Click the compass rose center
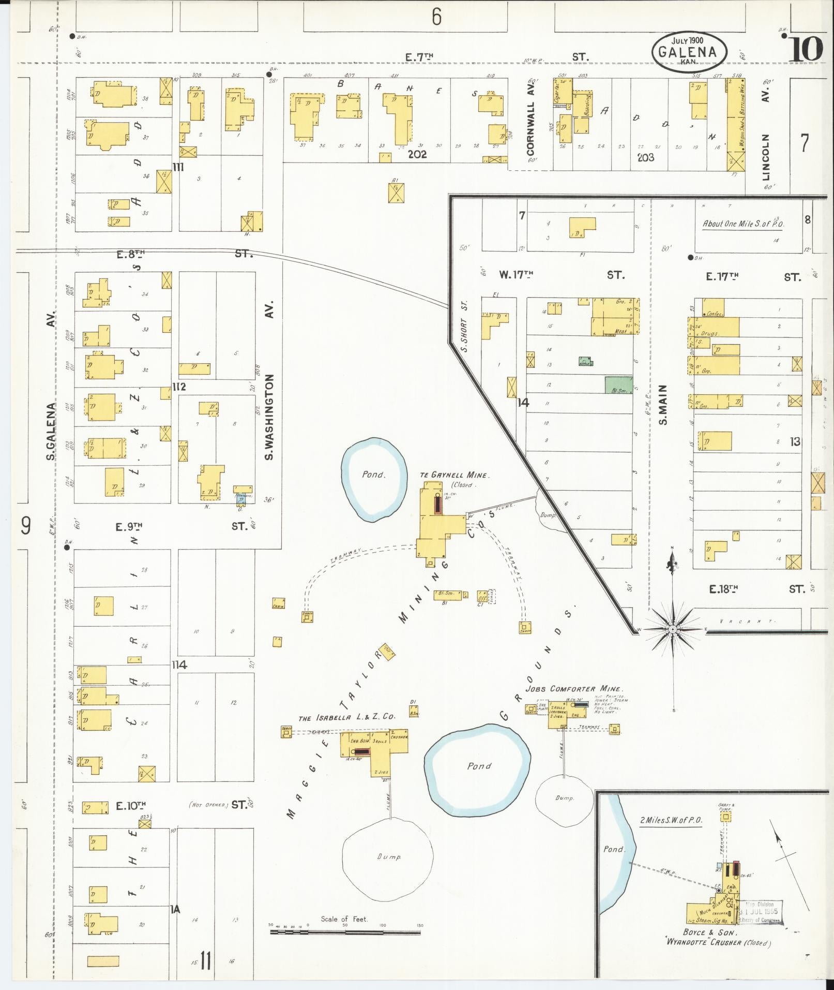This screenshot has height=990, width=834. tap(673, 629)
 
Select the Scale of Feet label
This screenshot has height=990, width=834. tap(344, 919)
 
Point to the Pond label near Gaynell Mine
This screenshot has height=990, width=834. tap(373, 475)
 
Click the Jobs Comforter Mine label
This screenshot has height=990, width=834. tap(574, 689)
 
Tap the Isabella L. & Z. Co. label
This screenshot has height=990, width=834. tap(346, 717)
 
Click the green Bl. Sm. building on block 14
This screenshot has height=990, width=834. tap(618, 385)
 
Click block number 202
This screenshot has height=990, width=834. tap(416, 154)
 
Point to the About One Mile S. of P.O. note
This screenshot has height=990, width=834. tap(742, 224)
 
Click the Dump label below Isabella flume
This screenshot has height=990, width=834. tap(389, 857)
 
